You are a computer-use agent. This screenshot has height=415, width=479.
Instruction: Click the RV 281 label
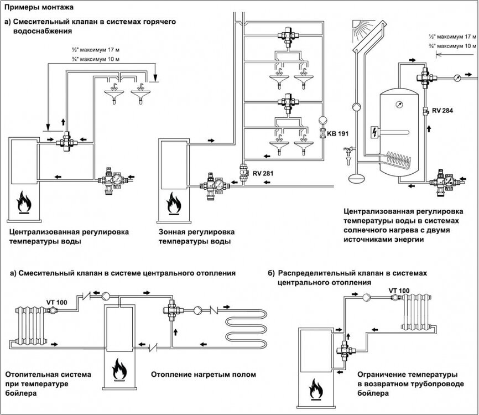click(264, 173)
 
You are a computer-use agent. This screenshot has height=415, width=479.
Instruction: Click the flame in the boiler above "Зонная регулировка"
click(175, 201)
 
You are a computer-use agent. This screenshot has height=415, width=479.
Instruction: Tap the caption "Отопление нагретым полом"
click(203, 375)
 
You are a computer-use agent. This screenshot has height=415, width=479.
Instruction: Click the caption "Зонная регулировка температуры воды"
click(196, 236)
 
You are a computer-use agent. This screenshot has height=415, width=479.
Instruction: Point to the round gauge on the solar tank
click(396, 103)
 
